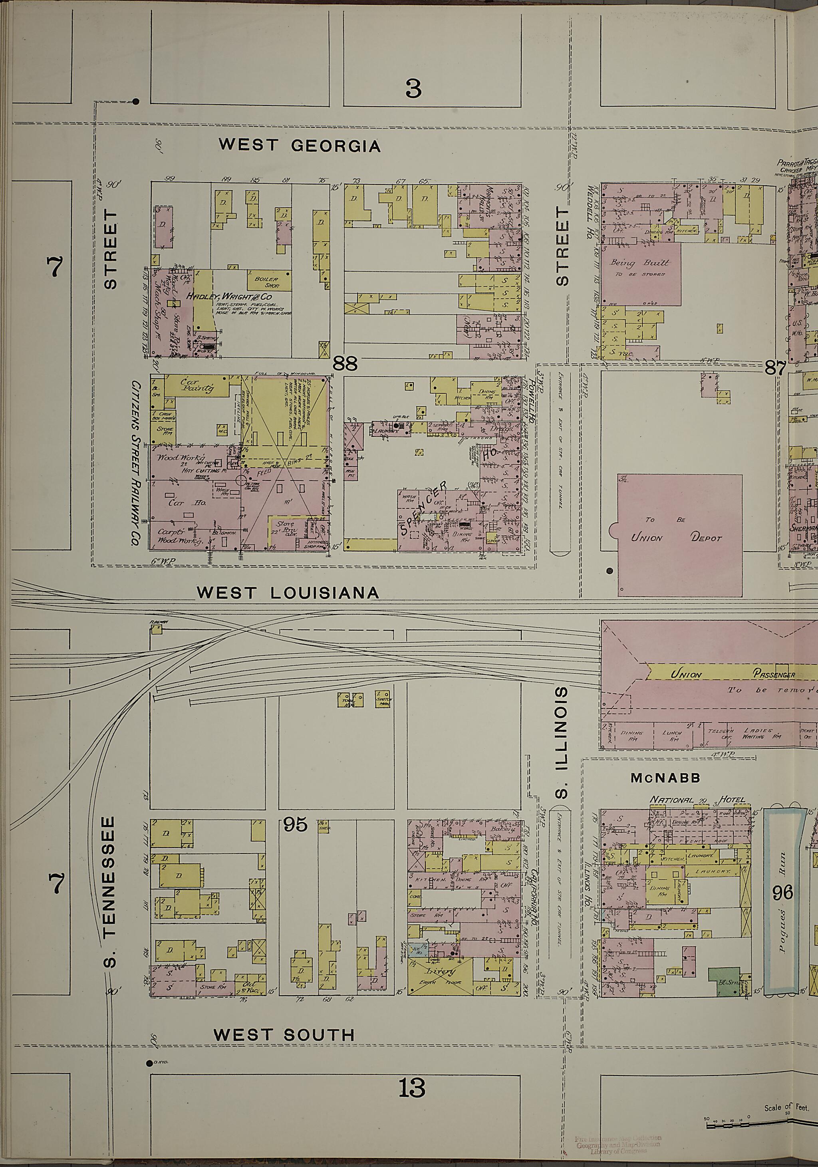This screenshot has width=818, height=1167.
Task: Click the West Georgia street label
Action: (300, 146)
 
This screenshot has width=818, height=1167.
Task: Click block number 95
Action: (296, 824)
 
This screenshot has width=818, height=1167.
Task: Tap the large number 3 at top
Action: (413, 89)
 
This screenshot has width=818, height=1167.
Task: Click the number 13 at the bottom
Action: (412, 1089)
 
